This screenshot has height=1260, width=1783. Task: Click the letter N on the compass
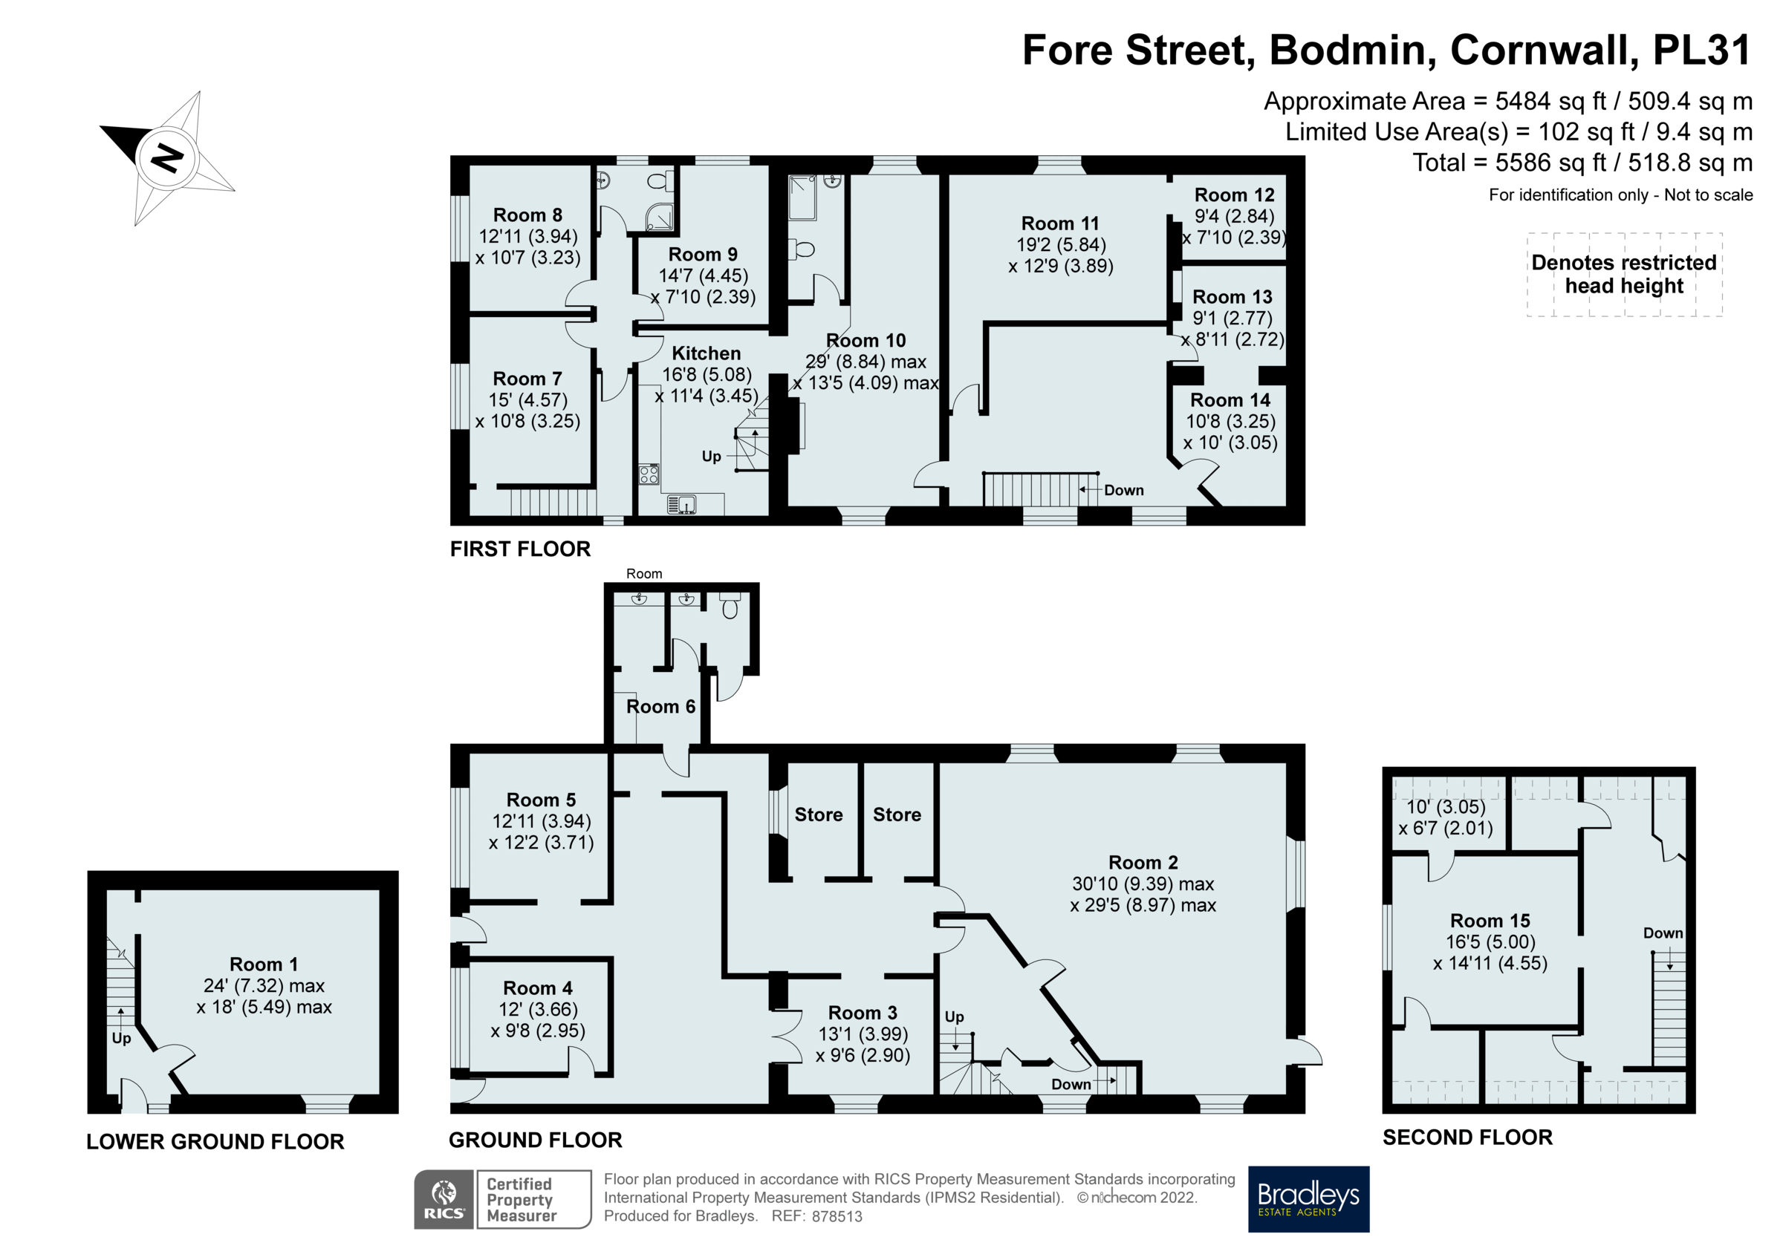[x=167, y=158]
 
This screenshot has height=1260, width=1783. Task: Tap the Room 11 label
[x=1060, y=223]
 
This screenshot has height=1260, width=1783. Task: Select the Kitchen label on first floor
[x=705, y=353]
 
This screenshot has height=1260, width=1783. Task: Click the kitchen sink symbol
[x=682, y=505]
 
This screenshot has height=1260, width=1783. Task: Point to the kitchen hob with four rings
[x=649, y=474]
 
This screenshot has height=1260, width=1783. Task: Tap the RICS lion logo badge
[x=444, y=1198]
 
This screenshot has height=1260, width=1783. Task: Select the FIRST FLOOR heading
[x=519, y=549]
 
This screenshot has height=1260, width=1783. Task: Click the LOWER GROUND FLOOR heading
[x=215, y=1141]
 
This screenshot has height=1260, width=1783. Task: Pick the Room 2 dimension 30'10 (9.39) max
[x=1143, y=884]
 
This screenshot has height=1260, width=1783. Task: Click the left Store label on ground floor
[x=818, y=815]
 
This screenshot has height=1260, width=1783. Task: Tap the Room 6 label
[x=660, y=706]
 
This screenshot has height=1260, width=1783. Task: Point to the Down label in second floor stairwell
[x=1662, y=933]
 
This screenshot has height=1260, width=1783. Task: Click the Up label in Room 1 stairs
[x=121, y=1038]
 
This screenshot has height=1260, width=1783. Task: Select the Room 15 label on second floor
[x=1490, y=921]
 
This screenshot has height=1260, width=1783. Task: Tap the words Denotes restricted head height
[x=1623, y=274]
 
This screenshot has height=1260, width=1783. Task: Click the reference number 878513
[x=837, y=1216]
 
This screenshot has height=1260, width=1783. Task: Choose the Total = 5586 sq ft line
[x=1581, y=163]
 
